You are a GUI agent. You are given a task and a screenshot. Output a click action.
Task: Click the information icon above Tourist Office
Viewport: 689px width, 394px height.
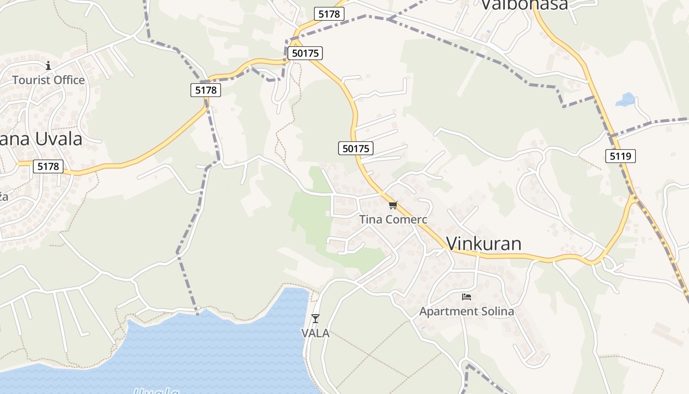(x=48, y=66)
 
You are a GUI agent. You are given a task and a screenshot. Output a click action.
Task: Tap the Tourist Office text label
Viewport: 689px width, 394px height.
(x=48, y=80)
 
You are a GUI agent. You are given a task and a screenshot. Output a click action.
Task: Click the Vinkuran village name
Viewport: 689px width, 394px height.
(x=483, y=243)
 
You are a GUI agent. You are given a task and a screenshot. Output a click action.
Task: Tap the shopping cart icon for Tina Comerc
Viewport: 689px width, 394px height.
(x=392, y=205)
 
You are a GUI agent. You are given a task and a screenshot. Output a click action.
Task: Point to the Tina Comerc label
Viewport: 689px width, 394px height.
(x=393, y=219)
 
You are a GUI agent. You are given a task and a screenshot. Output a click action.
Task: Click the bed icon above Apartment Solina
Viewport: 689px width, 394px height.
(x=467, y=296)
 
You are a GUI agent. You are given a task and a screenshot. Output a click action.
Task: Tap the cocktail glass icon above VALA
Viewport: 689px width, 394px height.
(x=315, y=319)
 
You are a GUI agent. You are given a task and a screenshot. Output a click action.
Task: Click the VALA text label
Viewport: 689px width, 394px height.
(x=315, y=333)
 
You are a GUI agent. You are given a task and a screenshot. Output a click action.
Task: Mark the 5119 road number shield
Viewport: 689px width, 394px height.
(x=620, y=156)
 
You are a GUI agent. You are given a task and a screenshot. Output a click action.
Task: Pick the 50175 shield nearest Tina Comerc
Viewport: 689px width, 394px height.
(x=356, y=148)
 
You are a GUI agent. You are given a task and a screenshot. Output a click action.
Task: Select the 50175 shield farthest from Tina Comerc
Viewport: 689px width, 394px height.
(x=305, y=53)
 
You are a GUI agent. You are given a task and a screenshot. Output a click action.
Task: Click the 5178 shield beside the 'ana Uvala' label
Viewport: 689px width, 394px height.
(x=48, y=166)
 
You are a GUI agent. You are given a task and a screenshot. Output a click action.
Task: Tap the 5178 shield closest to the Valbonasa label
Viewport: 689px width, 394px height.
(x=329, y=14)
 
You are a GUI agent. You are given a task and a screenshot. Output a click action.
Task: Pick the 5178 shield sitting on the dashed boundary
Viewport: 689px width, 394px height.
(x=206, y=90)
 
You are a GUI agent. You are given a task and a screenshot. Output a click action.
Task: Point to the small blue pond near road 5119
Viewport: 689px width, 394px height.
(x=626, y=99)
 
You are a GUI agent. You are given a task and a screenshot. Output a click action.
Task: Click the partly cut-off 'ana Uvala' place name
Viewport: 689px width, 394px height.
(x=41, y=139)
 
